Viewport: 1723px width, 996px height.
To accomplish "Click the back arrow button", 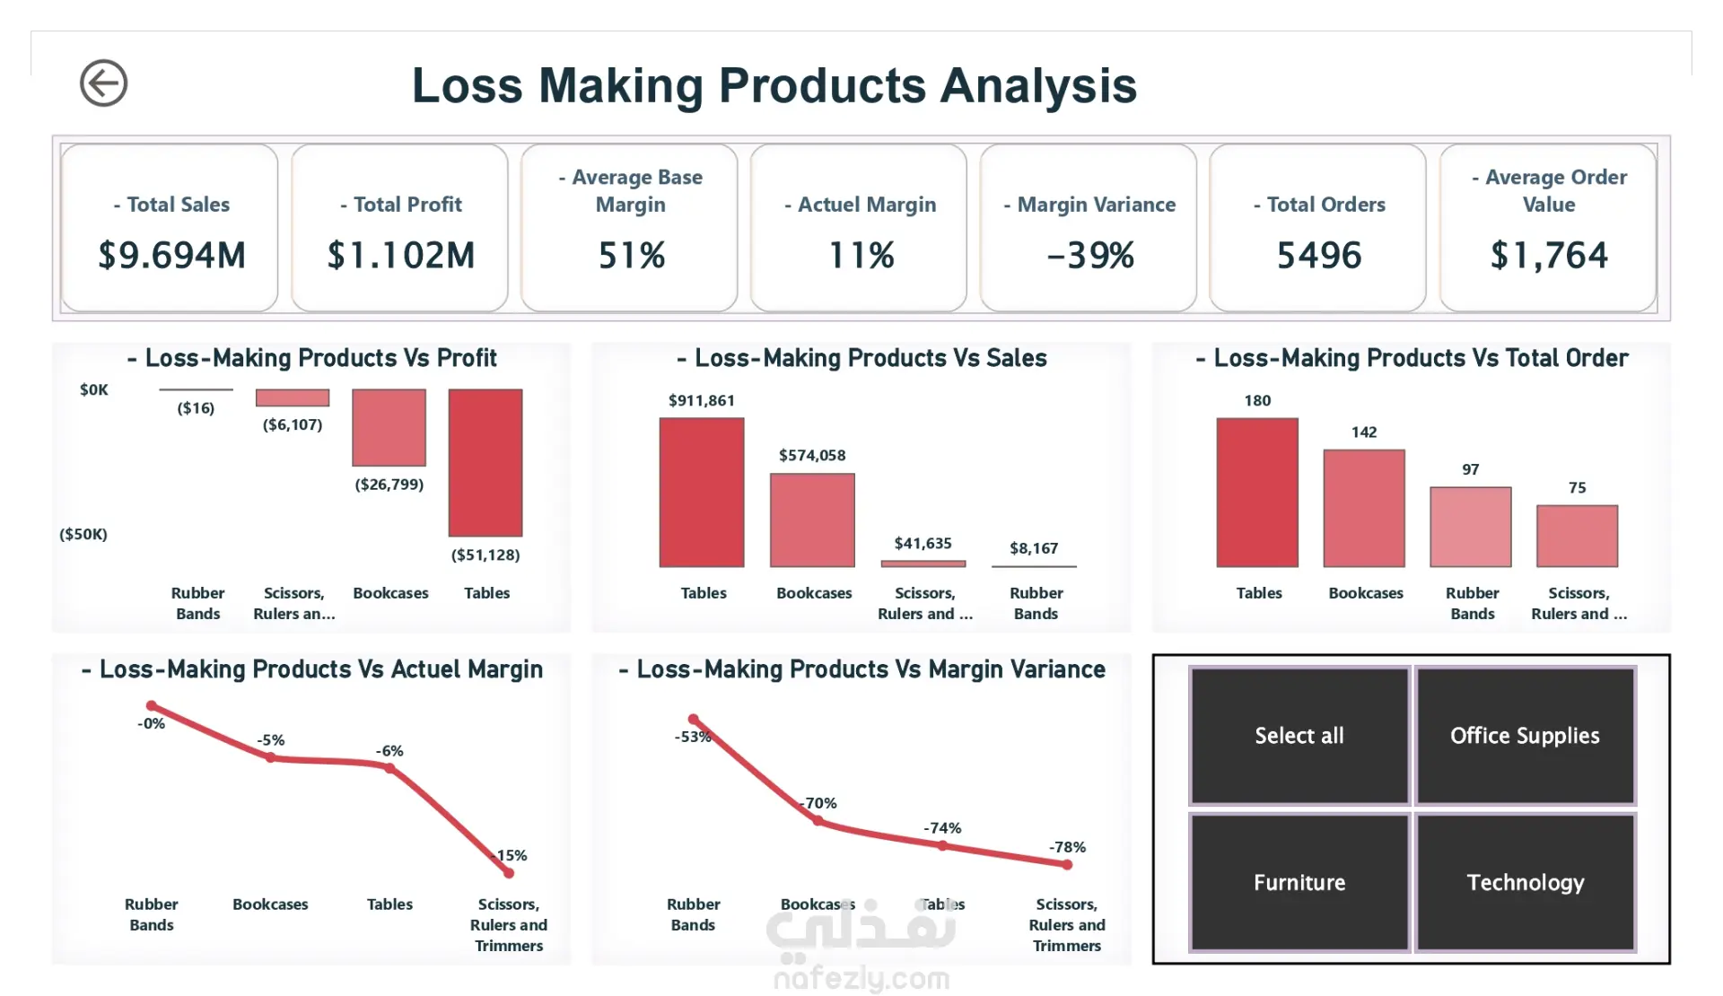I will click(x=103, y=83).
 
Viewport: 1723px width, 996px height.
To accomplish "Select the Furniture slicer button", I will click(x=1299, y=882).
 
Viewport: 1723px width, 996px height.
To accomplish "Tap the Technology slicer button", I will click(x=1525, y=882).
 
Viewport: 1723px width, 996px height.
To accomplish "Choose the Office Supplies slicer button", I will click(x=1525, y=735).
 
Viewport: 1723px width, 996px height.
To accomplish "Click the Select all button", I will click(x=1299, y=735).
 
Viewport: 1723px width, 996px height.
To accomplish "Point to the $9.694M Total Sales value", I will click(x=171, y=256).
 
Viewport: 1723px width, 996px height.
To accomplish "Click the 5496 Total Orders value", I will click(x=1318, y=256).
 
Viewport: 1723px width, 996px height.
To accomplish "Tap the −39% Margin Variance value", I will click(x=1089, y=256).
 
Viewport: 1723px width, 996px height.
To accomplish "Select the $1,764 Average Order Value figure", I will click(x=1548, y=256).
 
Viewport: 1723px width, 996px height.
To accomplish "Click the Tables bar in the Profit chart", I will click(x=485, y=462).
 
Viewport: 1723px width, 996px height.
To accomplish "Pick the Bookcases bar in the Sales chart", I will click(x=812, y=520).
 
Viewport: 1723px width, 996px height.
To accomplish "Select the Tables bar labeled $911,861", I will click(x=702, y=492).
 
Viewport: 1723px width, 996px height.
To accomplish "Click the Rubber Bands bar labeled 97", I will click(x=1470, y=527).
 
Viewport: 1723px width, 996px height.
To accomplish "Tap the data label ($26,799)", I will click(x=389, y=485).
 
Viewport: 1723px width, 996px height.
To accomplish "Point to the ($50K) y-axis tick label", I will click(x=83, y=535).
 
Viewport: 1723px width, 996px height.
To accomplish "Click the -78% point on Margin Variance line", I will click(x=1067, y=865).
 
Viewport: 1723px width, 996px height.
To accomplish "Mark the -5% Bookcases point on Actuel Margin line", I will click(x=271, y=757).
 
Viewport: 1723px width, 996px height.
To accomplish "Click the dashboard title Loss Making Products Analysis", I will click(x=774, y=86).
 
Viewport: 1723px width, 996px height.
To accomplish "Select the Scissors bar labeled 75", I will click(x=1577, y=536).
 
